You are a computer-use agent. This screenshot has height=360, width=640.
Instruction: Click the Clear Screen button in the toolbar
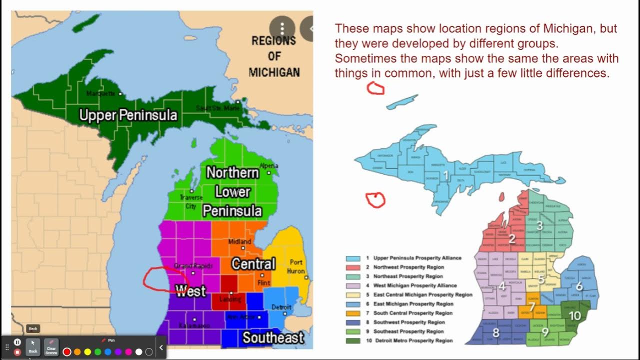[51, 347]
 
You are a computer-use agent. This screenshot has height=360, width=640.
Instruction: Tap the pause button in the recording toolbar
[17, 342]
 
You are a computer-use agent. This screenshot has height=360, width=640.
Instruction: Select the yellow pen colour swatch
[87, 352]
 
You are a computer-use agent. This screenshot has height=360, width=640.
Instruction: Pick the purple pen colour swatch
[118, 352]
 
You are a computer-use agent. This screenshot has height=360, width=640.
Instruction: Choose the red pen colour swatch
[67, 352]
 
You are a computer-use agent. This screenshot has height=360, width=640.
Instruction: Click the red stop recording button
[17, 352]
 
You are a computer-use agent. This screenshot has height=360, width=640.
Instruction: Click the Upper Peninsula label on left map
[128, 115]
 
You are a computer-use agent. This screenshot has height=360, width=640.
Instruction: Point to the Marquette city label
[101, 93]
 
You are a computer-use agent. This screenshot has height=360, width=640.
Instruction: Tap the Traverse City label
[191, 201]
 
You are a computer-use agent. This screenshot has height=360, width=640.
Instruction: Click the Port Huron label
[296, 266]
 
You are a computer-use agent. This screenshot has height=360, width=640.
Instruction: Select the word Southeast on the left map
[273, 338]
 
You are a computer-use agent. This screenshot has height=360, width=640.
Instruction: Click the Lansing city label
[230, 299]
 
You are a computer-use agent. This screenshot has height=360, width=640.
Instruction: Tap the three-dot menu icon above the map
[282, 27]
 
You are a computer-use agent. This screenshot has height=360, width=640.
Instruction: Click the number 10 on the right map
[575, 315]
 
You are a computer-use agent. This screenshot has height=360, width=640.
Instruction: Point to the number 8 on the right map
[496, 332]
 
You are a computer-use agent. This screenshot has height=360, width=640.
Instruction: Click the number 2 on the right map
[512, 239]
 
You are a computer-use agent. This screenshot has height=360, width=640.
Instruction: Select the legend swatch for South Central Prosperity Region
[353, 313]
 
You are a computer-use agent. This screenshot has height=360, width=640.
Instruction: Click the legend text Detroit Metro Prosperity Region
[413, 340]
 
